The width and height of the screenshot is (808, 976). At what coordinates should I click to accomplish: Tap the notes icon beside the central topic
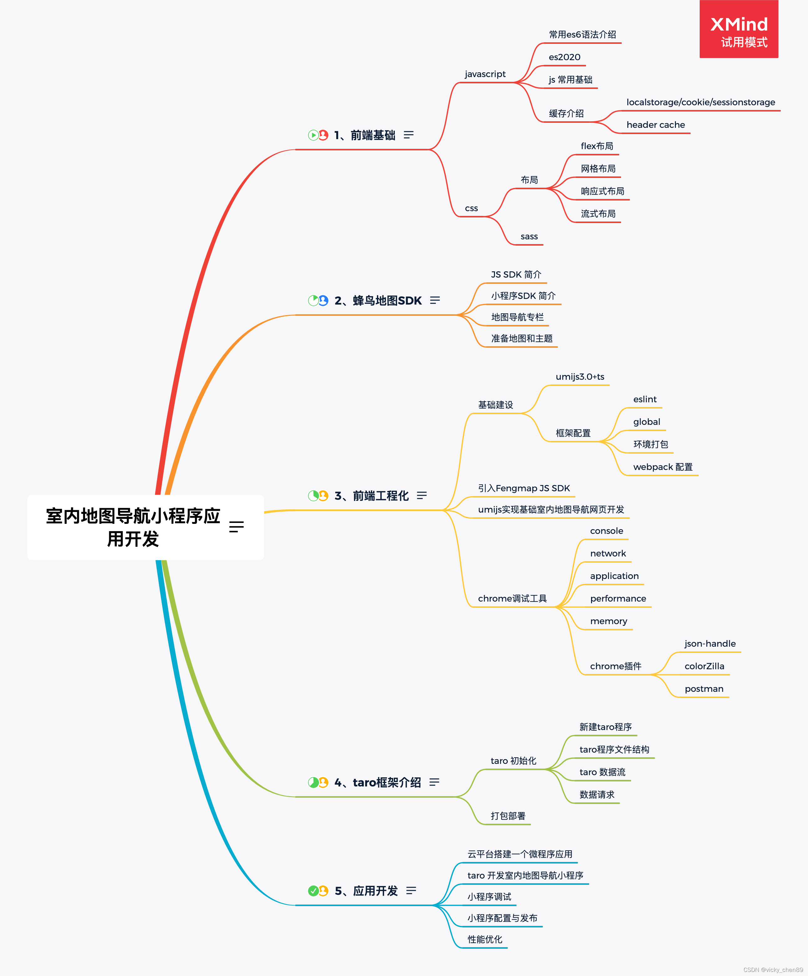[x=236, y=527]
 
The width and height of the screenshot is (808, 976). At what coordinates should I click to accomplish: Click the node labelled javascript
[x=485, y=74]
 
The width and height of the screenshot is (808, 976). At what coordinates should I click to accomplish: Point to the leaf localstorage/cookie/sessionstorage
[x=700, y=102]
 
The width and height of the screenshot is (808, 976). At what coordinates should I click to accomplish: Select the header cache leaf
[x=655, y=125]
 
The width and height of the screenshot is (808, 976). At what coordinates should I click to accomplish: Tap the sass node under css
[x=529, y=237]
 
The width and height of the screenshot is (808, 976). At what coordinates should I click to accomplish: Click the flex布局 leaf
[x=597, y=146]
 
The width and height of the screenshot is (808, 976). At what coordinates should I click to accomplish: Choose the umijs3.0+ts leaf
[x=579, y=377]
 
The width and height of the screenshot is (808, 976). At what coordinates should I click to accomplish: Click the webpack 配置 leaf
[x=663, y=467]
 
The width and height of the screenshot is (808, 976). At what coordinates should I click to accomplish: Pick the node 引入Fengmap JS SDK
[x=524, y=488]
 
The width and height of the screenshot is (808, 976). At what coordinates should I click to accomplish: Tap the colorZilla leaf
[x=704, y=666]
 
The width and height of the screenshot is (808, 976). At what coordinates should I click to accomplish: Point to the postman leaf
[x=703, y=688]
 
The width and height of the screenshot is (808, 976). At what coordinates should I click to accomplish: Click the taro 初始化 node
[x=513, y=760]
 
